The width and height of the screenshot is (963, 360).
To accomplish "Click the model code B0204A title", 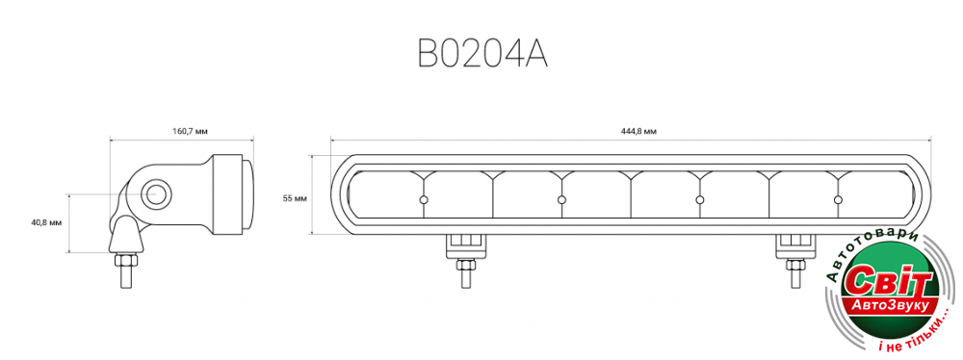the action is pyautogui.click(x=482, y=54).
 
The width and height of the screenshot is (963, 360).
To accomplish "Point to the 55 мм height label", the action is pyautogui.click(x=295, y=198).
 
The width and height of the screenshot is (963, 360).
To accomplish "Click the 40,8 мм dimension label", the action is pyautogui.click(x=47, y=222).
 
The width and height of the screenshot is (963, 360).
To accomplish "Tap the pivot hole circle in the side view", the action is pyautogui.click(x=157, y=194).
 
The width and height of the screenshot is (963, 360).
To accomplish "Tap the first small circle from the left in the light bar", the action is pyautogui.click(x=423, y=199).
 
